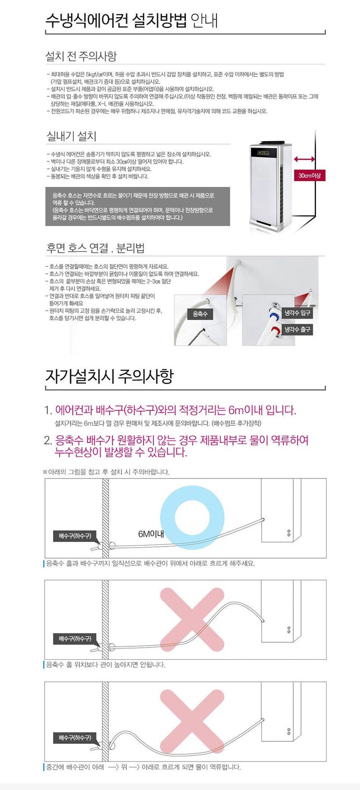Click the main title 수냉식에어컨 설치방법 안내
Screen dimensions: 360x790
coord(131,20)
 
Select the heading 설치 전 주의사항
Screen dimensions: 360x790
coord(81,56)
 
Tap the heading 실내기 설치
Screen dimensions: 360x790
coord(72,136)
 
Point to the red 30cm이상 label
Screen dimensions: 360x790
coord(309,176)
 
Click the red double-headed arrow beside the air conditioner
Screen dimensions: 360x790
coord(304,159)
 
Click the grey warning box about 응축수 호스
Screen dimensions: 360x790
coord(138,206)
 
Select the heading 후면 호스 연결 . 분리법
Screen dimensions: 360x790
coord(95,248)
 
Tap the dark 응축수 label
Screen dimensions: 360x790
coord(200,314)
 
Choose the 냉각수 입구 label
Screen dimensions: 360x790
coord(298,313)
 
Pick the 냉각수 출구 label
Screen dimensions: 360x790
coord(298,330)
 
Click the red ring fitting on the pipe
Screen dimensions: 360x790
coord(277,331)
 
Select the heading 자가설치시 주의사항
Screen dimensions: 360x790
coord(109,376)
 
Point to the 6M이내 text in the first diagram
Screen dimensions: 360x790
coord(151,534)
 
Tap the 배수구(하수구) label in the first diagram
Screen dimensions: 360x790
coord(75,536)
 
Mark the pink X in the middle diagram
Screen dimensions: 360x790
coord(192,620)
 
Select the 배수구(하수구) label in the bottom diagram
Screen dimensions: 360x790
coord(75,738)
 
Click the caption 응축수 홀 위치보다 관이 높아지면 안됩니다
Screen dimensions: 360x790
coord(106,664)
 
